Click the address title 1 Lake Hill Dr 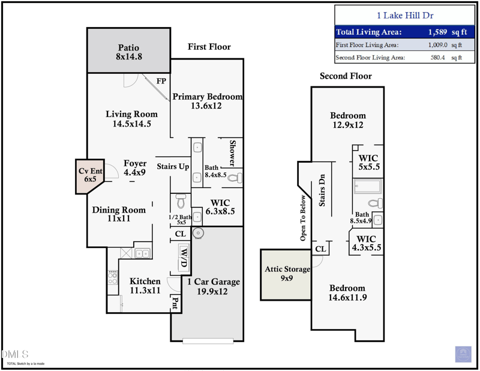tap(404, 16)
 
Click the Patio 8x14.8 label tap(128, 52)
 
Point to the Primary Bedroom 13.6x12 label tap(207, 101)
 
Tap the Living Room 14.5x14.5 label tap(131, 119)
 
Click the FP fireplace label tap(161, 81)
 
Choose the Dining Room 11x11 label tap(119, 214)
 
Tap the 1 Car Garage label tap(213, 286)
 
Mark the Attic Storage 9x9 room tap(286, 274)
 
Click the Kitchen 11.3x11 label tap(145, 286)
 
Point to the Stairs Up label tap(173, 166)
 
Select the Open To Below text tap(303, 218)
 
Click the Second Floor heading tap(346, 76)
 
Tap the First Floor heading tap(209, 47)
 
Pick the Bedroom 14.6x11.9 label tap(347, 292)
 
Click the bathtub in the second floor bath tap(367, 187)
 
